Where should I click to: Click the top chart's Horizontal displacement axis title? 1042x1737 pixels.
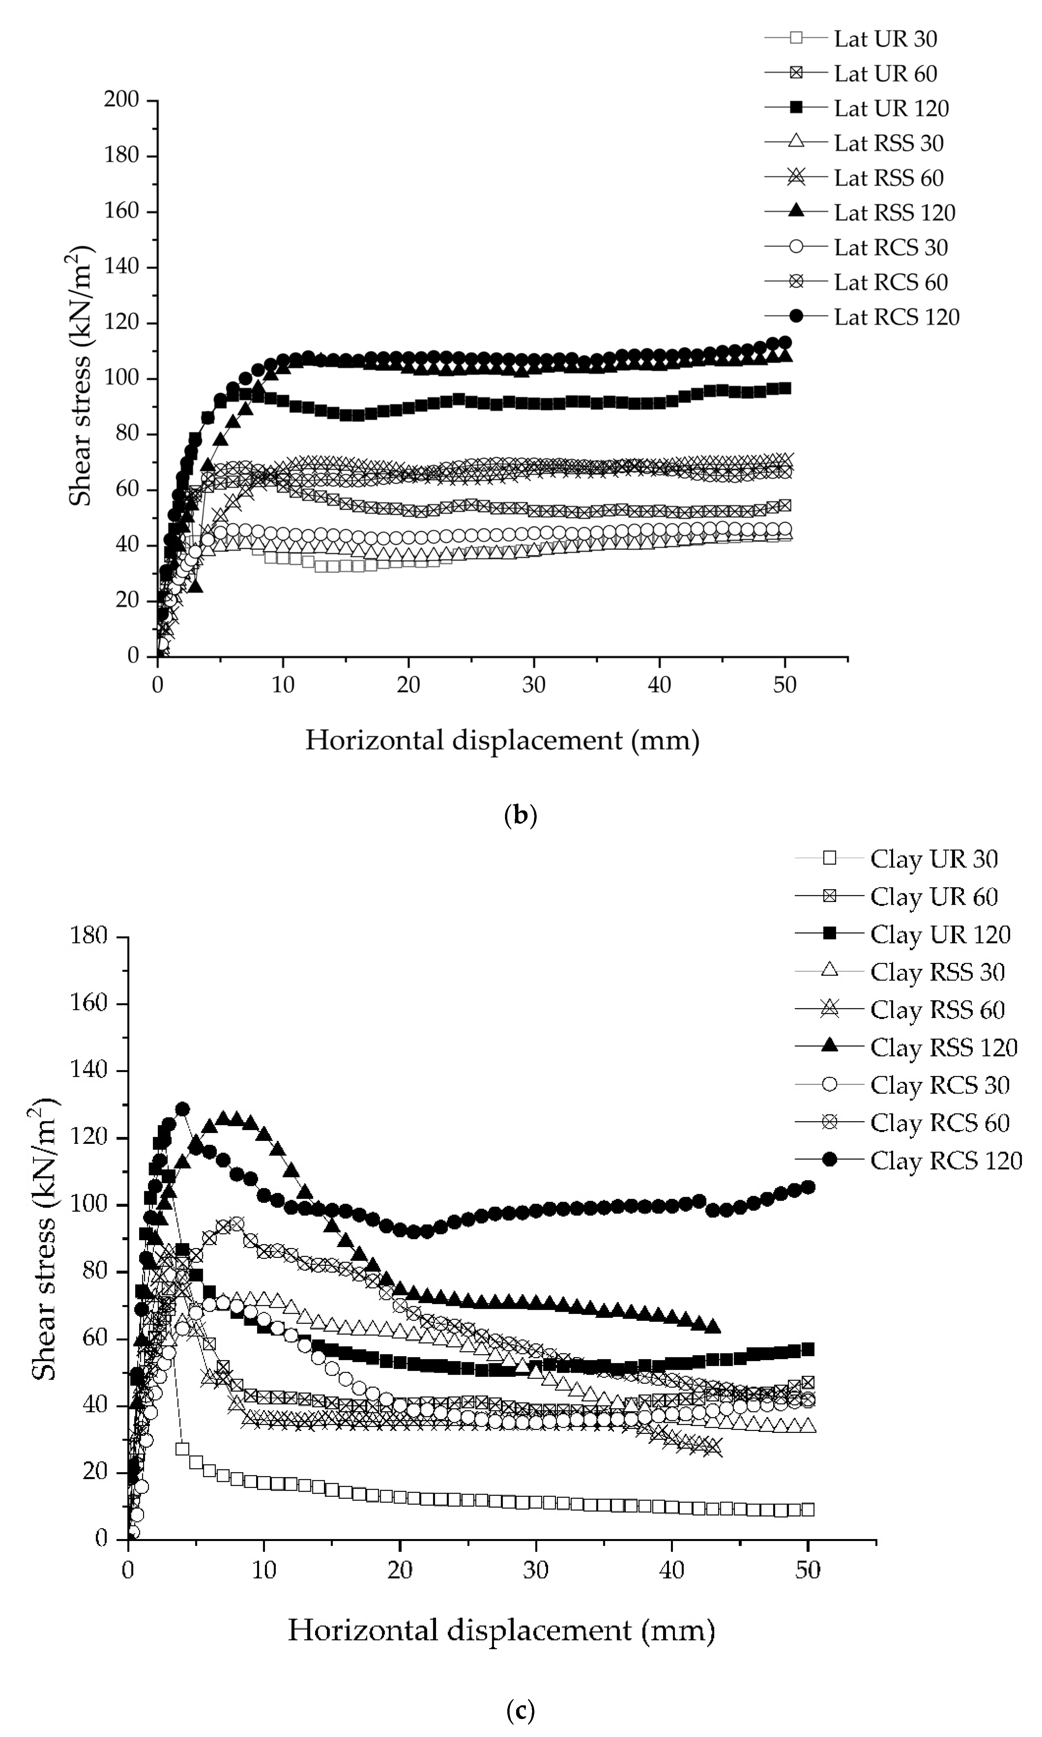click(x=502, y=741)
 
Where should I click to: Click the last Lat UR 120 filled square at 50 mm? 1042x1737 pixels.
click(x=785, y=388)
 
